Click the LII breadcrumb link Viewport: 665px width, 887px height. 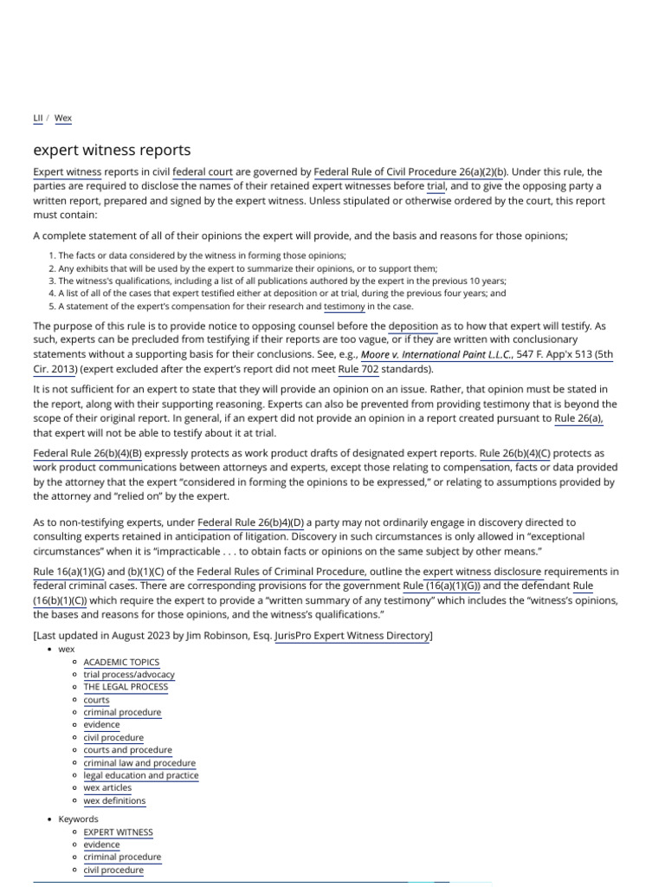[39, 118]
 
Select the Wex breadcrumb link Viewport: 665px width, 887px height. [63, 118]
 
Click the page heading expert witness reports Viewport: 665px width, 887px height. [112, 150]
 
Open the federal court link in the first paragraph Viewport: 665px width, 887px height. [203, 172]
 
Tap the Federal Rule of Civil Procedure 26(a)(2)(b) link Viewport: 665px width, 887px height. [410, 172]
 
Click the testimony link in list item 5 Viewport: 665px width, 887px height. [344, 306]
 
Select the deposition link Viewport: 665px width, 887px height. [413, 326]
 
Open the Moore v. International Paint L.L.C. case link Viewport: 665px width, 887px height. [437, 354]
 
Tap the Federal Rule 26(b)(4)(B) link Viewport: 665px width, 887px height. [87, 453]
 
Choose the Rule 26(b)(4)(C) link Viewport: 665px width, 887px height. [514, 453]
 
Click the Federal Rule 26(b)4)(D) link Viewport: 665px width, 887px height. [251, 522]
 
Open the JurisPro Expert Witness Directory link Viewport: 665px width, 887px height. [352, 636]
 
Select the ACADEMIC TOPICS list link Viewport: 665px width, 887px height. [121, 662]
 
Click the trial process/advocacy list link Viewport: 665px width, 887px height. [129, 674]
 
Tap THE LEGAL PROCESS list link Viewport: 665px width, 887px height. [126, 687]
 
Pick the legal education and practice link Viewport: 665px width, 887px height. [141, 775]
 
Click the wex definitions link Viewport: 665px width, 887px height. [114, 800]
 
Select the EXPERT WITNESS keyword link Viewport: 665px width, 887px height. [118, 832]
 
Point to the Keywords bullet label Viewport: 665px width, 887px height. [78, 819]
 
